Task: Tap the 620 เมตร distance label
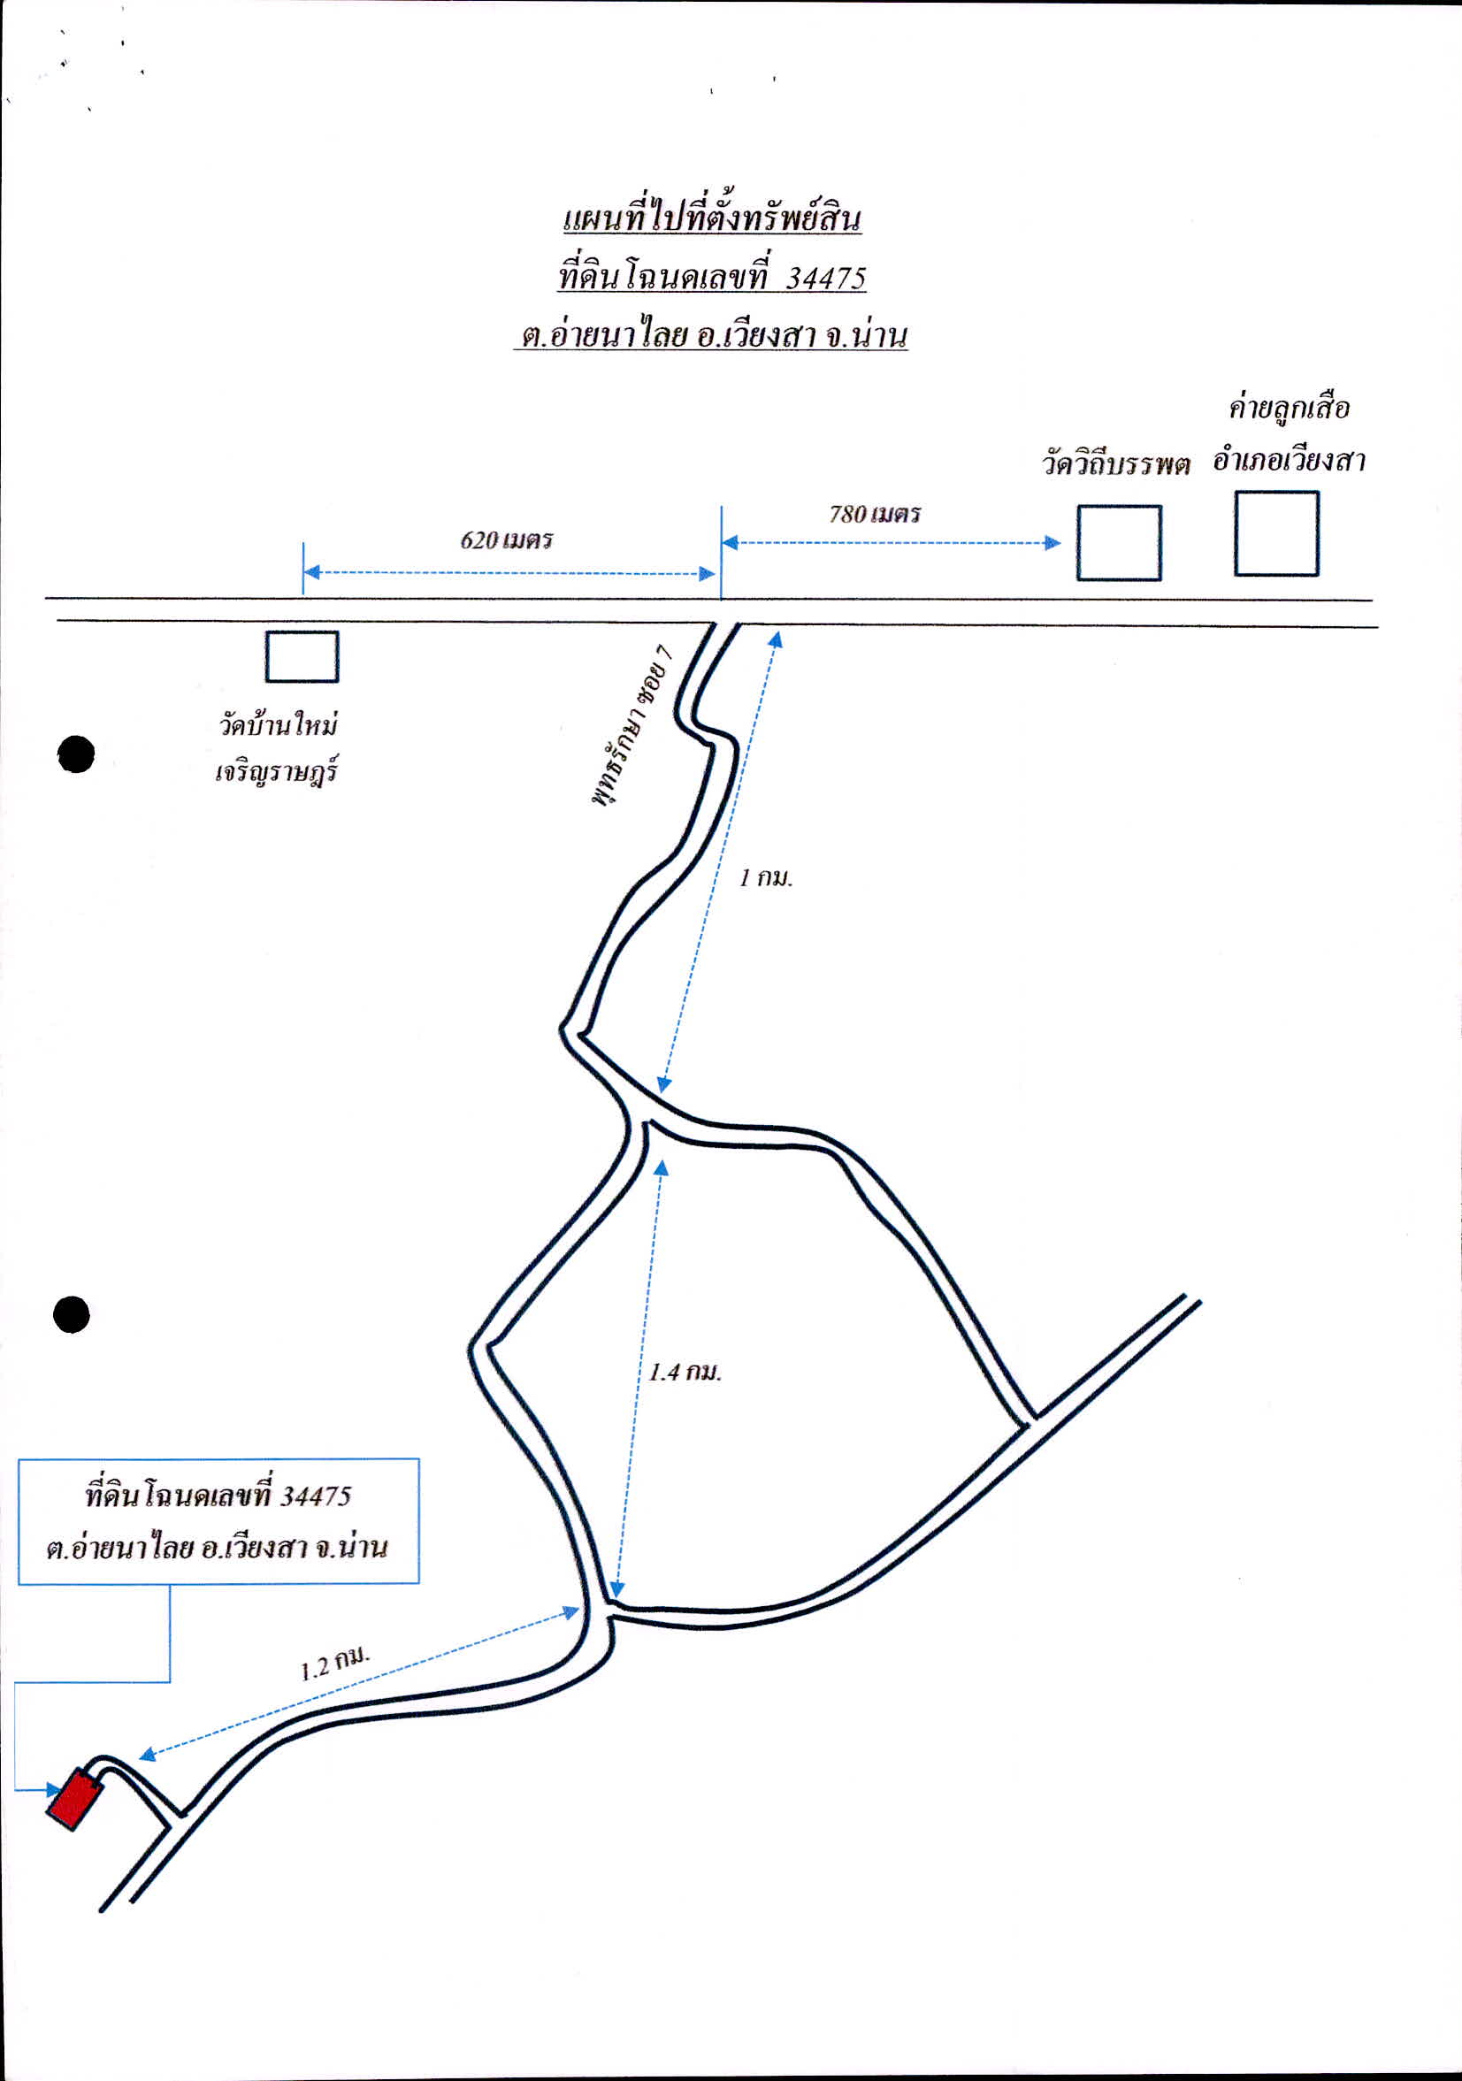point(506,540)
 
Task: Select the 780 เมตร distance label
point(875,514)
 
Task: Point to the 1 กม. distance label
point(766,877)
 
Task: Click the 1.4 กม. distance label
point(685,1372)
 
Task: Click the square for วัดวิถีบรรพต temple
point(1119,543)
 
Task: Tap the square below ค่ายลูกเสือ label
point(1276,534)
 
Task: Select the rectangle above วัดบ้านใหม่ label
point(302,656)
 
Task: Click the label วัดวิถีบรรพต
point(1115,464)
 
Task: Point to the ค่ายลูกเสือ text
point(1289,408)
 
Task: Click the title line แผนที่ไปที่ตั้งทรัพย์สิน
point(711,217)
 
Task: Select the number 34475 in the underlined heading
point(826,278)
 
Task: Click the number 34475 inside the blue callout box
point(315,1496)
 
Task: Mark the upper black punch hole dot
point(76,754)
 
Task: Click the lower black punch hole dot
point(72,1315)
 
